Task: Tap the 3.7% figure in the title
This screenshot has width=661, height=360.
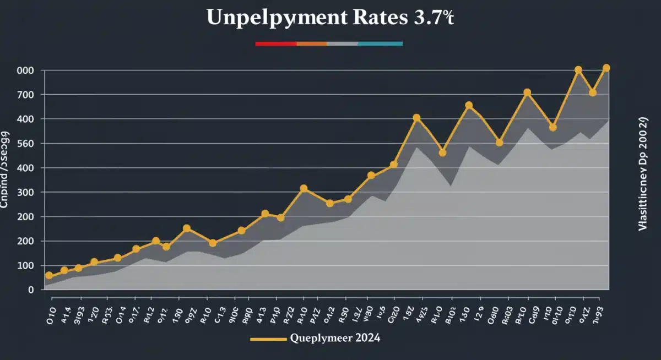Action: (x=433, y=18)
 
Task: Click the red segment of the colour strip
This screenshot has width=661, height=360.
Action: (x=275, y=43)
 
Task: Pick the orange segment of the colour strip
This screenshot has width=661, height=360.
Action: (x=312, y=43)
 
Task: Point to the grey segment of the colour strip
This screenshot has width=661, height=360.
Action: (x=343, y=43)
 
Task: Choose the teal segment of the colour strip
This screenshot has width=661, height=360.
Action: (x=380, y=43)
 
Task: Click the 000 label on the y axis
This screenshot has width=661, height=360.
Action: (x=26, y=70)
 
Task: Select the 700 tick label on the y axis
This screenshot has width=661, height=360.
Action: (x=26, y=95)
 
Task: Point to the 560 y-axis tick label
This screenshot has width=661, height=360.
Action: (x=26, y=144)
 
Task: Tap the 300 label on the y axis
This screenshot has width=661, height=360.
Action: (x=26, y=193)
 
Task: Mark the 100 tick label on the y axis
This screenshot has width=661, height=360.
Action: (x=26, y=266)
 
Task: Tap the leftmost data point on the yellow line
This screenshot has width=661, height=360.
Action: (x=49, y=275)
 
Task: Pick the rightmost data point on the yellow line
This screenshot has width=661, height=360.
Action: (x=606, y=68)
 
